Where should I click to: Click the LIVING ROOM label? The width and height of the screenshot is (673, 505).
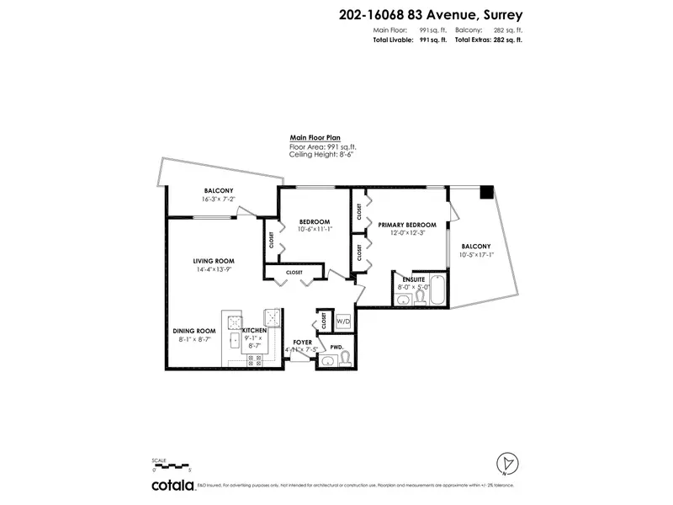pos(213,261)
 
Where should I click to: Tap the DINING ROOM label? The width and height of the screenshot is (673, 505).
pos(194,331)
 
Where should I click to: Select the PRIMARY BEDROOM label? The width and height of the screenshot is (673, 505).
pos(407,225)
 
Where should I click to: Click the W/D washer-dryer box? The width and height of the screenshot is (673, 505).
pos(342,322)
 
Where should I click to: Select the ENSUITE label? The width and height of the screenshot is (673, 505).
pos(412,278)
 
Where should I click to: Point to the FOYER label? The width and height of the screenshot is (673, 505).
pos(302,343)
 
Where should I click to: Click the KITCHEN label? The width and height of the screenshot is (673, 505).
pos(254,331)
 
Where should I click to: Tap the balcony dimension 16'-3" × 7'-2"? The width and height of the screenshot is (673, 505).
pos(218,199)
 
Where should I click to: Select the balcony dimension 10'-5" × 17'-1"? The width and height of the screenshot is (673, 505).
pos(476,254)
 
